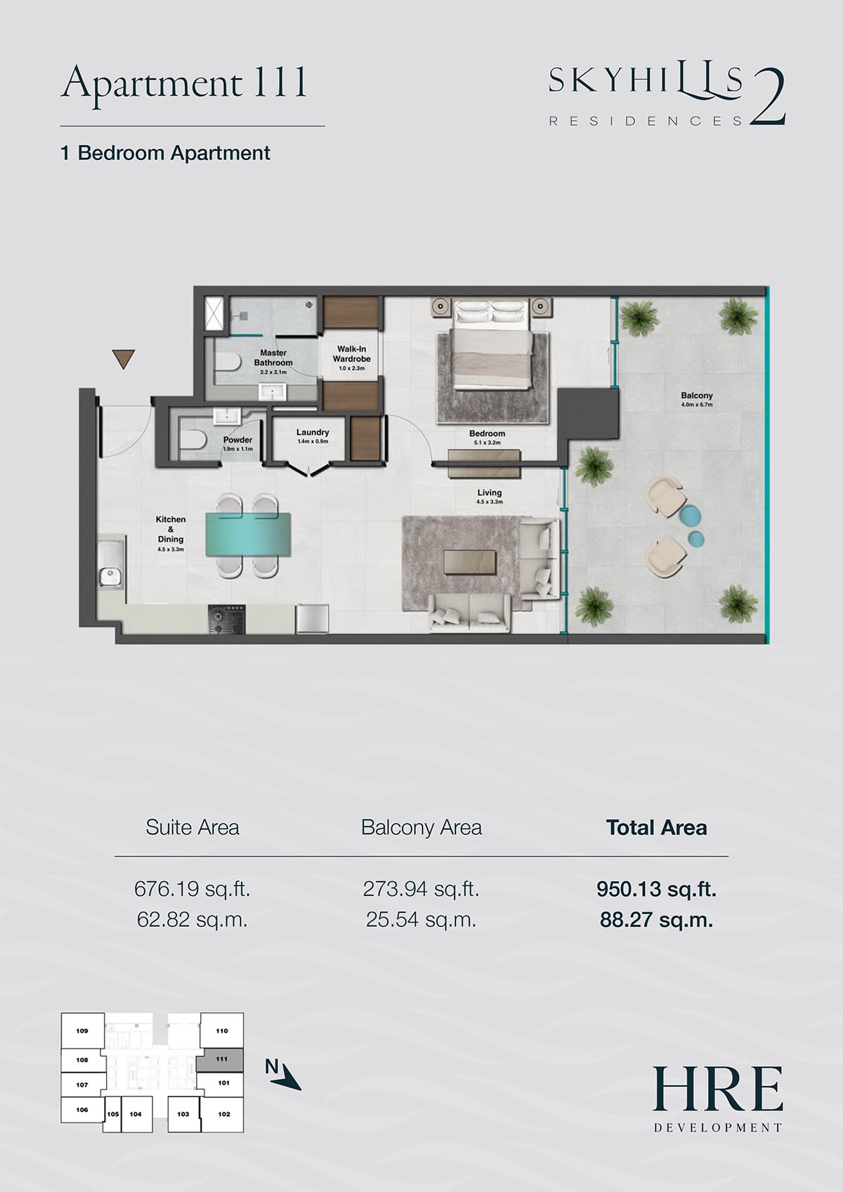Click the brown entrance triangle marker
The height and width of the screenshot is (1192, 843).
[124, 358]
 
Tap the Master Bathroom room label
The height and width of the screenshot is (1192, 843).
[273, 358]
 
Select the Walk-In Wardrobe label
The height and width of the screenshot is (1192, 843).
[351, 354]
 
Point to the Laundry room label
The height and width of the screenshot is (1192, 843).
[313, 433]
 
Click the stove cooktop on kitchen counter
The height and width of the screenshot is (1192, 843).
[227, 620]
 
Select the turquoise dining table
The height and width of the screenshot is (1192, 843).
[249, 535]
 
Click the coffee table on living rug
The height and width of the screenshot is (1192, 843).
[471, 563]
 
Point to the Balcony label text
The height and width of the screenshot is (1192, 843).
[697, 395]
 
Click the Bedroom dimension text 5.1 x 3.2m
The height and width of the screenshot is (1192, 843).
[487, 443]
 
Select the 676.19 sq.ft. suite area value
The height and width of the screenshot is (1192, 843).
[192, 889]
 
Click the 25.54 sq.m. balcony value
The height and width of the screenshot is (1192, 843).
[421, 920]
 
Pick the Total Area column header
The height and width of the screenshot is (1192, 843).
[657, 827]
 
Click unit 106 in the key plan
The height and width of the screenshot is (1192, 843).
[82, 1110]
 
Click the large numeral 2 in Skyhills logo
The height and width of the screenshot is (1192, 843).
[768, 98]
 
